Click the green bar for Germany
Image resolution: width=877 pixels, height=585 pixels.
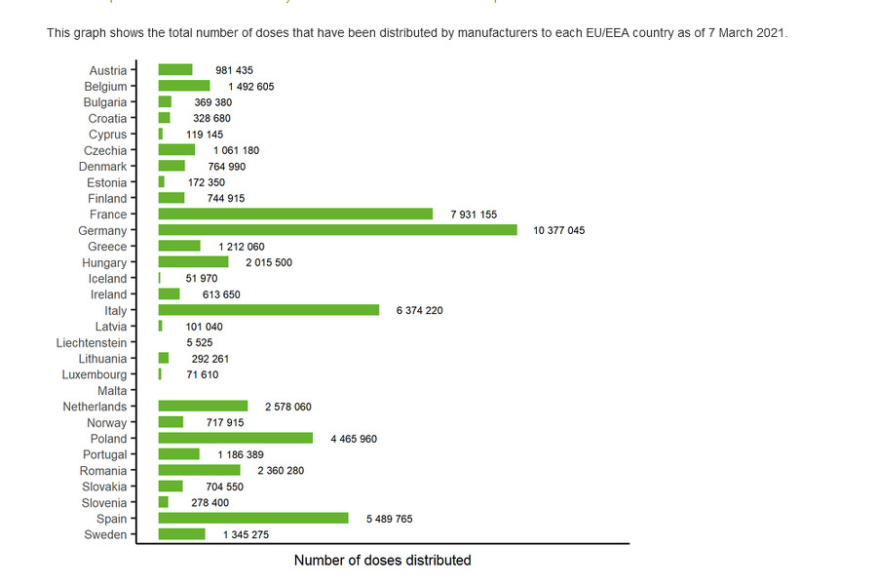pos(337,230)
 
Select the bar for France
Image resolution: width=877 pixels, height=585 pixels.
pos(295,214)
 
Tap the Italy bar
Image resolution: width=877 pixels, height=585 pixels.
pos(269,310)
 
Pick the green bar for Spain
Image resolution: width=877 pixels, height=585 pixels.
pos(253,518)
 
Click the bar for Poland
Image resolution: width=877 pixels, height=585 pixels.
pos(236,439)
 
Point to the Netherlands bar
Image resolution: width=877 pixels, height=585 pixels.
pos(203,407)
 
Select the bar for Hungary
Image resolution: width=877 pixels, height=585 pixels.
pos(193,262)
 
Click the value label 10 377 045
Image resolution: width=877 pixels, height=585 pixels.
pos(559,231)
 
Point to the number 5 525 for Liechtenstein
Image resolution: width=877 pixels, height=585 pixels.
pos(200,342)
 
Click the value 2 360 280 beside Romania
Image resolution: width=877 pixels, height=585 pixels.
pos(281,471)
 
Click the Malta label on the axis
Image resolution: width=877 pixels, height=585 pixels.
pos(112,391)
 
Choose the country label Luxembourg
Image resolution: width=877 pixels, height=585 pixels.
pos(94,374)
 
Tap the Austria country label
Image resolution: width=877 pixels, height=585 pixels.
pos(107,70)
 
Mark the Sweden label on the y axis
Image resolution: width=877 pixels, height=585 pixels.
pos(105,534)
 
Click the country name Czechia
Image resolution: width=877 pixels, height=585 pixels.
pos(104,150)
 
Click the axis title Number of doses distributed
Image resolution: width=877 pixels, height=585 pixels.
pos(382,561)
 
